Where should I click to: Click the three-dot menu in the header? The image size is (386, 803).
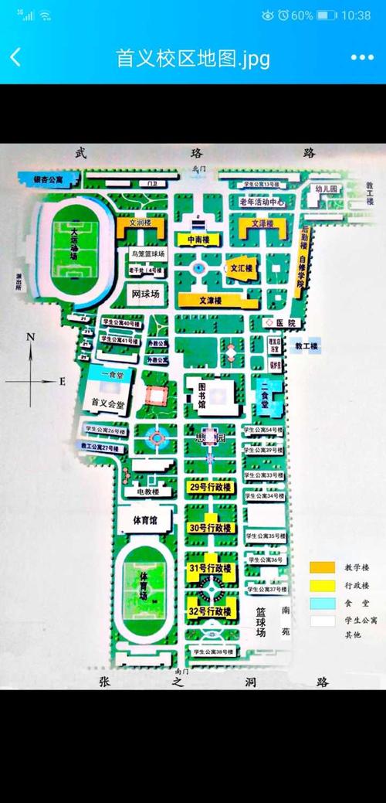click(x=362, y=57)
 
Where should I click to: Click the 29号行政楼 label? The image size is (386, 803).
click(x=210, y=488)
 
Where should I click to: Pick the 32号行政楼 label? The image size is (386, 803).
click(x=210, y=611)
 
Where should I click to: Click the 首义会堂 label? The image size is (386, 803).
click(x=107, y=403)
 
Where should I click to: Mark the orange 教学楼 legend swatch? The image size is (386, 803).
click(x=322, y=567)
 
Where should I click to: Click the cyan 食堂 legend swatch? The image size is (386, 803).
click(x=322, y=602)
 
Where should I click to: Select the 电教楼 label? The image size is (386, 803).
click(x=147, y=492)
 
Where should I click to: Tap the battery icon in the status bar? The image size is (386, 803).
click(x=327, y=15)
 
